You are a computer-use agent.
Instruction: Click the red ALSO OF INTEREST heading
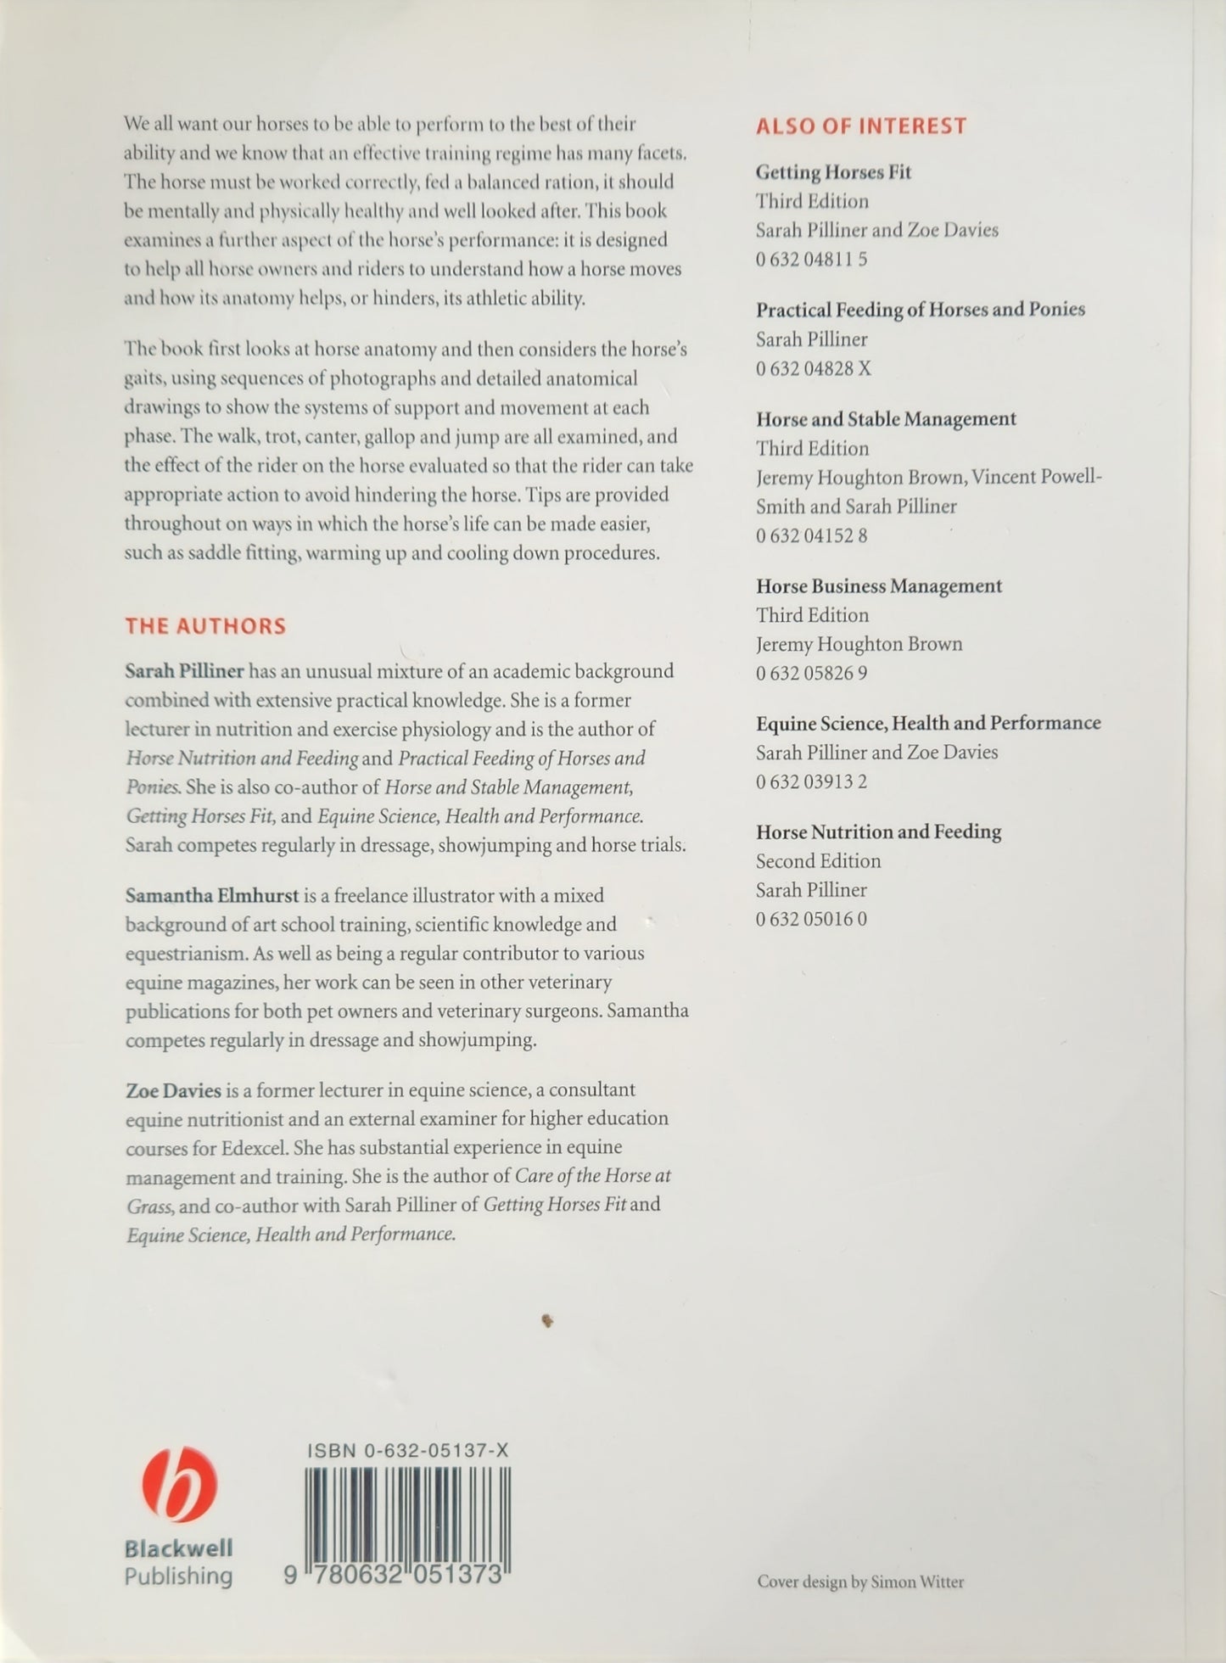tap(860, 126)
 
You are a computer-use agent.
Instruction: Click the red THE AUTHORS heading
tap(205, 626)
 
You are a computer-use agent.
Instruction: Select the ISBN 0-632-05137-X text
tap(407, 1451)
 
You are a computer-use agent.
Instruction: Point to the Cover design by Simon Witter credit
tap(860, 1582)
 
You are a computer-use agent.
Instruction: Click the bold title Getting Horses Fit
tap(833, 172)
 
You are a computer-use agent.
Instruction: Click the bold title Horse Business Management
tap(879, 586)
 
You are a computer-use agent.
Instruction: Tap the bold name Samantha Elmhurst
tap(211, 895)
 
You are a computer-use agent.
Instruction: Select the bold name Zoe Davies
tap(173, 1089)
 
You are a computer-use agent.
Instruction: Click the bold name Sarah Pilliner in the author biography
tap(184, 671)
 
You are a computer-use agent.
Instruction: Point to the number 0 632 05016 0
tap(811, 919)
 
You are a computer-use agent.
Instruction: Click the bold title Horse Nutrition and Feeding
tap(878, 831)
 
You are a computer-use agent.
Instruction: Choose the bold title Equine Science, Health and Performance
tap(928, 723)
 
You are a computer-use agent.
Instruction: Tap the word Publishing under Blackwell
tap(178, 1576)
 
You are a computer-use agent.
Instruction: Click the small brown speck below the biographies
tap(547, 1320)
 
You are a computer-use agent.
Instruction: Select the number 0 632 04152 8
tap(811, 535)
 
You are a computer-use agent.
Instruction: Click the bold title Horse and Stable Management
tap(886, 419)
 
